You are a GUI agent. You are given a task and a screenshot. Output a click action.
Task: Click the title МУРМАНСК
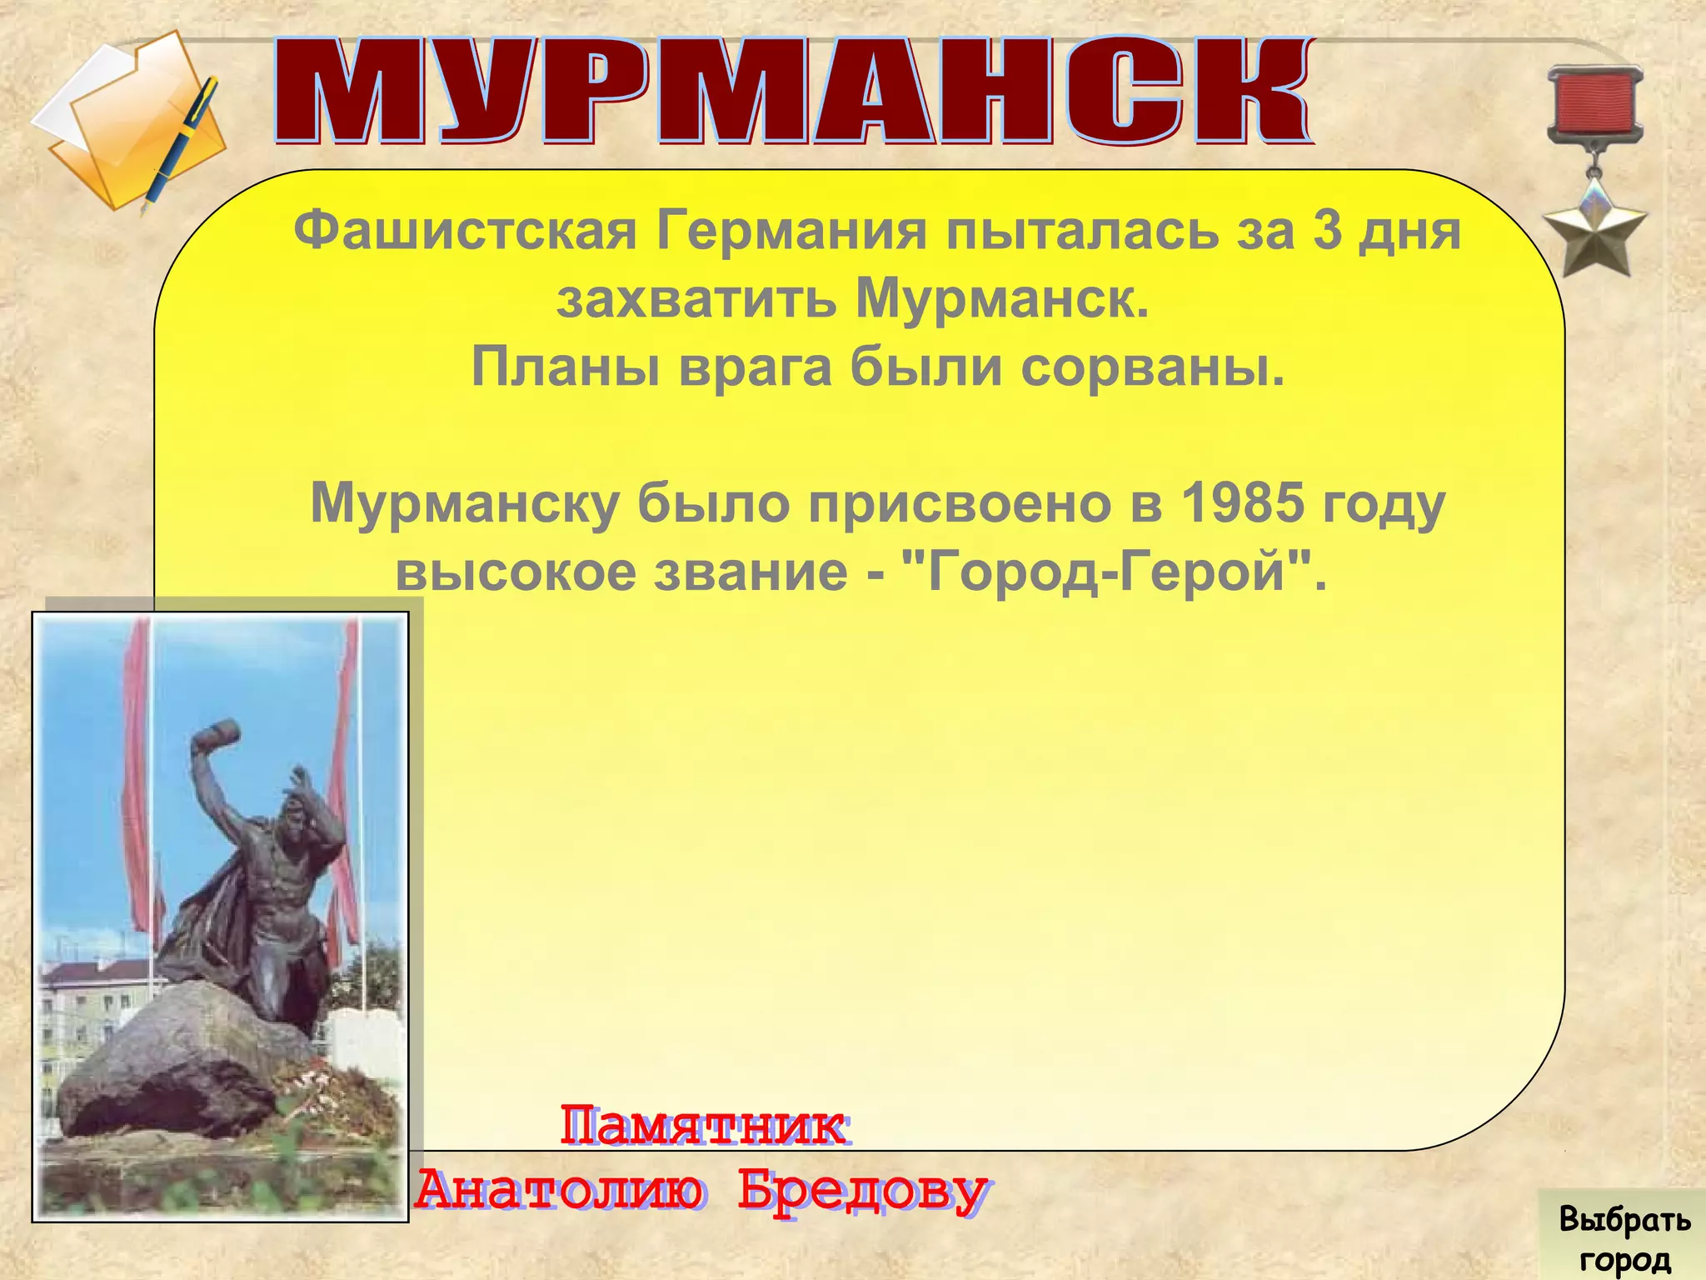click(x=791, y=92)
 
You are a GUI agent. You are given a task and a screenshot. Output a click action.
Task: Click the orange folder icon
click(x=125, y=125)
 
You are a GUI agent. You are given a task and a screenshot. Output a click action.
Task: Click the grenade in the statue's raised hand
click(x=216, y=738)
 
